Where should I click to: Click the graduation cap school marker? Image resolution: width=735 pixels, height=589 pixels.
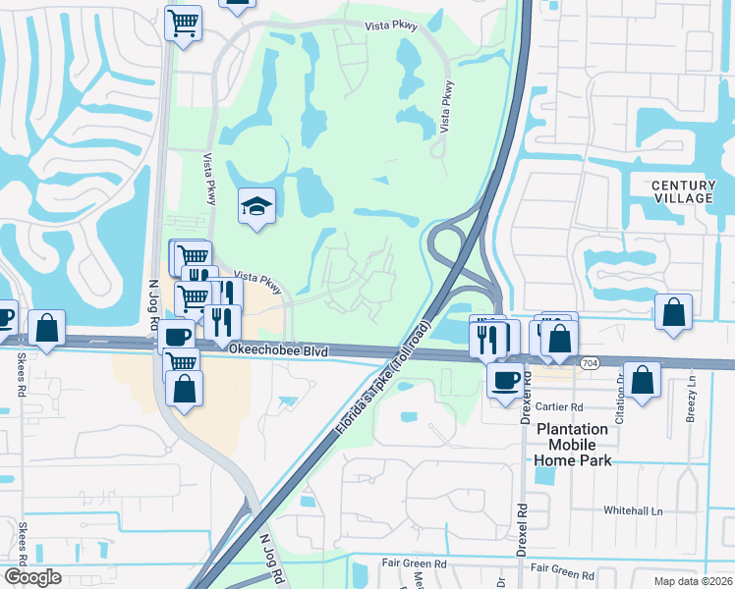tap(256, 206)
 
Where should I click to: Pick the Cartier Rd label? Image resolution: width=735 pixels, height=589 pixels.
tap(562, 406)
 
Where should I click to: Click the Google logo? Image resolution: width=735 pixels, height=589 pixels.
tap(32, 577)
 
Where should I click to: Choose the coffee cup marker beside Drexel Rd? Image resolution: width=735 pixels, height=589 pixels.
tap(506, 379)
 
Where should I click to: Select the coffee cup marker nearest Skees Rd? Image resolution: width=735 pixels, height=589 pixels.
tap(4, 317)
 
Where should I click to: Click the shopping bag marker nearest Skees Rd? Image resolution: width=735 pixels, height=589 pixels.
tap(46, 330)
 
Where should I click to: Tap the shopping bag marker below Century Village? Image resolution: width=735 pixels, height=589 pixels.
tap(673, 312)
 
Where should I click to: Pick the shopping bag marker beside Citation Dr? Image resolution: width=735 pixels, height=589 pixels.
tap(642, 381)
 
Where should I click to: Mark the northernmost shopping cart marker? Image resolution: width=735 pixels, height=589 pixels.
tap(183, 23)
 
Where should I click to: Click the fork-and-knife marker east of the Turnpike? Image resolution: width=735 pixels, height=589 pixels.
tap(488, 339)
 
